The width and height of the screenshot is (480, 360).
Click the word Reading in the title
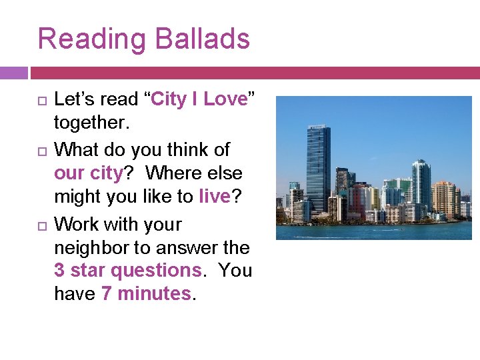[x=89, y=39]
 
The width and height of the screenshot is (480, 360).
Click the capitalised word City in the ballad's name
[x=168, y=100]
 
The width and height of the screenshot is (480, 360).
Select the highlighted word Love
[x=225, y=100]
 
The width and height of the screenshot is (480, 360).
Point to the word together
[x=89, y=123]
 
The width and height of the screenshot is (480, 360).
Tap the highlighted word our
[x=69, y=173]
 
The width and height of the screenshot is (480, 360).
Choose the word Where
[x=173, y=173]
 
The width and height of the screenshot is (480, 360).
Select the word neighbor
[x=94, y=248]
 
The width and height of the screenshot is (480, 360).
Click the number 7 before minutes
[x=107, y=294]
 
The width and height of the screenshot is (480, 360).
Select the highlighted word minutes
[x=153, y=294]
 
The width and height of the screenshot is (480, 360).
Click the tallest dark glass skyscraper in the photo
[x=319, y=167]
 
